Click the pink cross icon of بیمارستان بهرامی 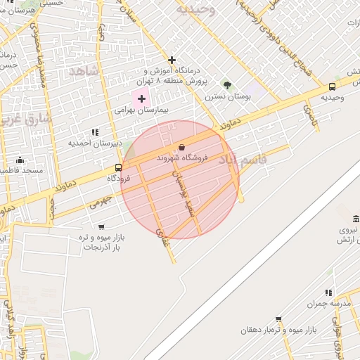141,98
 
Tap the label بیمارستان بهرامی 143,110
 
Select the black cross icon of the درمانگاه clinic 172,60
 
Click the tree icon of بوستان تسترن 226,85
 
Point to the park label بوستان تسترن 226,96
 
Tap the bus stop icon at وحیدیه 332,86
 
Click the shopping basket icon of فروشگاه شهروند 182,148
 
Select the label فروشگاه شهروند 181,159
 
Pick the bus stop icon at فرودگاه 118,167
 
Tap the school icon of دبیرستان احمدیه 95,132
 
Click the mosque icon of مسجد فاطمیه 20,160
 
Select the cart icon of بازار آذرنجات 101,227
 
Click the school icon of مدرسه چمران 328,292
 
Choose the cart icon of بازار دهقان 278,319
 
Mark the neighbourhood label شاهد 83,72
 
